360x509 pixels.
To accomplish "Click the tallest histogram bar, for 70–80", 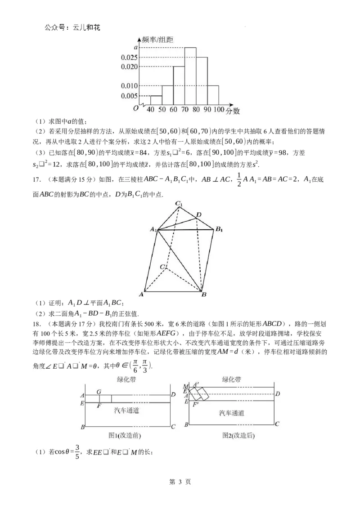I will coord(190,76).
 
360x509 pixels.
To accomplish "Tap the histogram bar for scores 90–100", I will coord(213,95).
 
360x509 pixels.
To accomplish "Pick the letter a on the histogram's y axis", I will coord(135,47).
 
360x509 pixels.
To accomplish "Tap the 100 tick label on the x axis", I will coord(219,110).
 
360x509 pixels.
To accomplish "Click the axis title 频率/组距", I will coord(157,40).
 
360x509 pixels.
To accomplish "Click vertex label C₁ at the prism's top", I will coord(180,204).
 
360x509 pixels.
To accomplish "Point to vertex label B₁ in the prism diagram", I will coord(219,230).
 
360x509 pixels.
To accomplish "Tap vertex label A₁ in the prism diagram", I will coord(153,230).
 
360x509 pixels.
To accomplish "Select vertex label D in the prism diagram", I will coord(199,215).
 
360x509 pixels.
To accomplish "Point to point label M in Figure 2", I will coord(185,386).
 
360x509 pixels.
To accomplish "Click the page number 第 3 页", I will coord(180,482).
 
